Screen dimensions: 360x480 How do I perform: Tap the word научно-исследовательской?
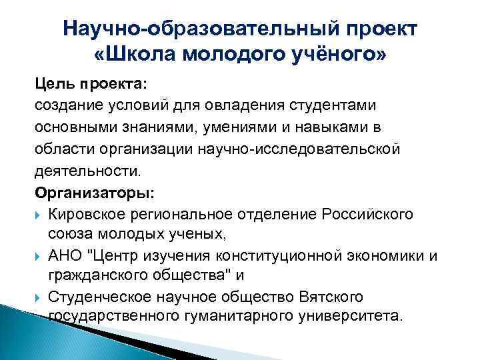tap(299, 149)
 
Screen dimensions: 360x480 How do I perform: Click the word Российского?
tap(367, 213)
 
